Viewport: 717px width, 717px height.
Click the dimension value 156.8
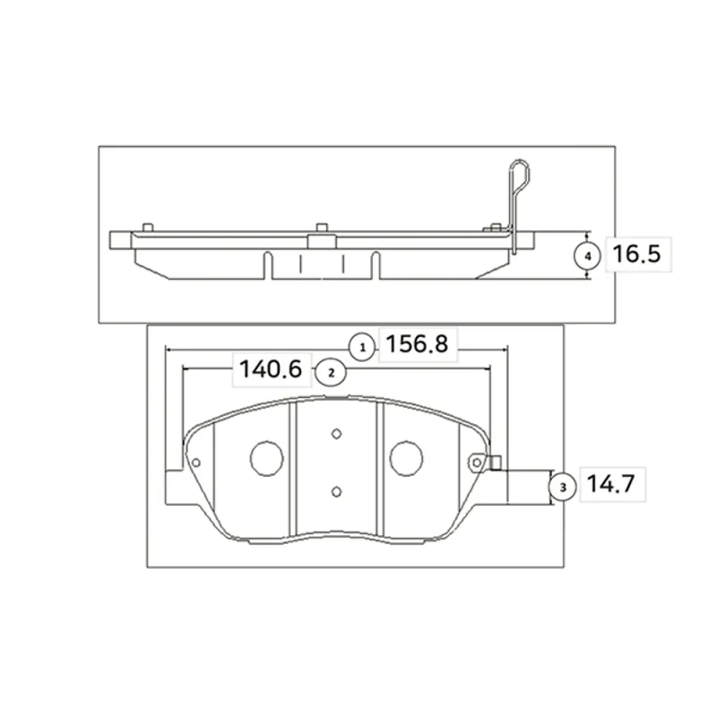pos(417,344)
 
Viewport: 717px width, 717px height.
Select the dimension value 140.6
pos(271,369)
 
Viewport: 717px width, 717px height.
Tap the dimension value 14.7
pos(611,484)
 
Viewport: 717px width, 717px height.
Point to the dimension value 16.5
pos(636,255)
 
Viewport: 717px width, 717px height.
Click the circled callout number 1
pos(363,348)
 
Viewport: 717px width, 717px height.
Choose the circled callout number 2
pos(332,373)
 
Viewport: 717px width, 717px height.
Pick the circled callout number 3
pos(563,488)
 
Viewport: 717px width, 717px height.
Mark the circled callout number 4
pos(588,256)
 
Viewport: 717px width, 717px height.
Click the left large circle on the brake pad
pos(266,459)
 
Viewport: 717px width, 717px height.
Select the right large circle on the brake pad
pos(406,459)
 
